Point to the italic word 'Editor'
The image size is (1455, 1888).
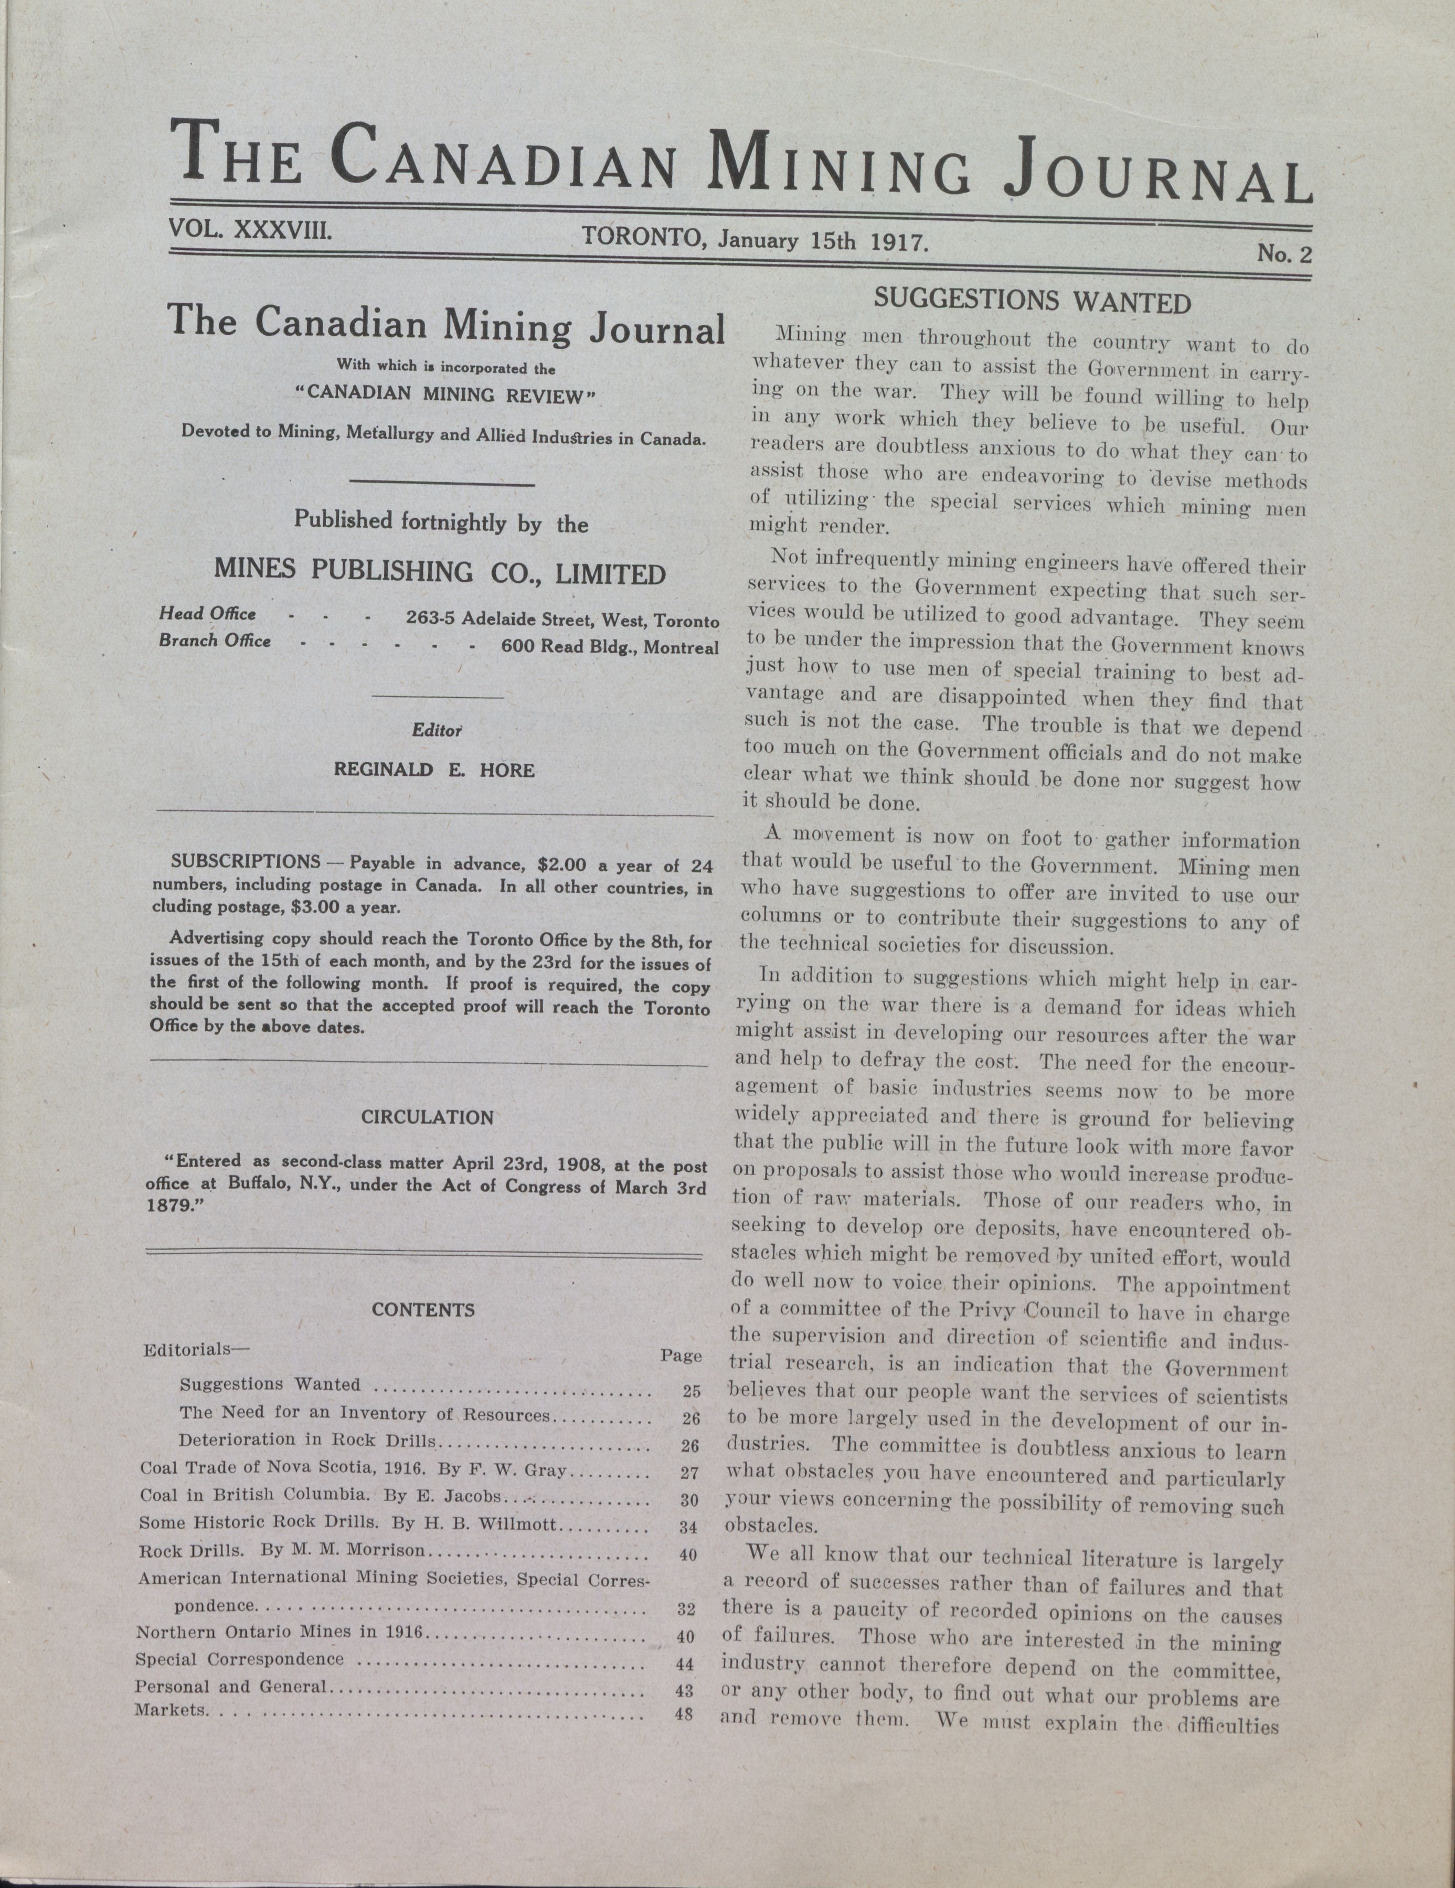[x=437, y=730]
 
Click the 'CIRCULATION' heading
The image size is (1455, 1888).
[x=427, y=1117]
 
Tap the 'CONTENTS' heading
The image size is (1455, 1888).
[x=423, y=1310]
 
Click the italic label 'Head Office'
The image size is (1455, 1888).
[x=207, y=614]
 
